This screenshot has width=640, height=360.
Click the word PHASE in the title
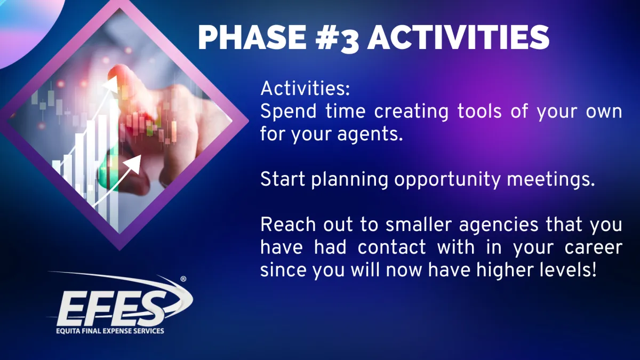point(252,37)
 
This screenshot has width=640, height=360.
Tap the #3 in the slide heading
point(337,39)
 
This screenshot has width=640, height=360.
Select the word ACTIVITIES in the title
point(458,37)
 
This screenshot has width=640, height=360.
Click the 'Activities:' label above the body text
point(305,89)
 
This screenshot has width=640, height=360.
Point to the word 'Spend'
point(289,111)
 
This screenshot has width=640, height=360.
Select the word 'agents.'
point(370,134)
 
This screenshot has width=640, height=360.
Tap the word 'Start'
point(283,179)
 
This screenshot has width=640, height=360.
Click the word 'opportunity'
point(447,180)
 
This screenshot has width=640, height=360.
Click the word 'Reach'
point(288,225)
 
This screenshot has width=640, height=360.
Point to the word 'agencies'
point(499,226)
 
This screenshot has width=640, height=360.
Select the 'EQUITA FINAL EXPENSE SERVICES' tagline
point(110,331)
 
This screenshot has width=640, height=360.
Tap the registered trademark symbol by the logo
point(183,279)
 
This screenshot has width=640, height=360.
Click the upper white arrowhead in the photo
point(111,84)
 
